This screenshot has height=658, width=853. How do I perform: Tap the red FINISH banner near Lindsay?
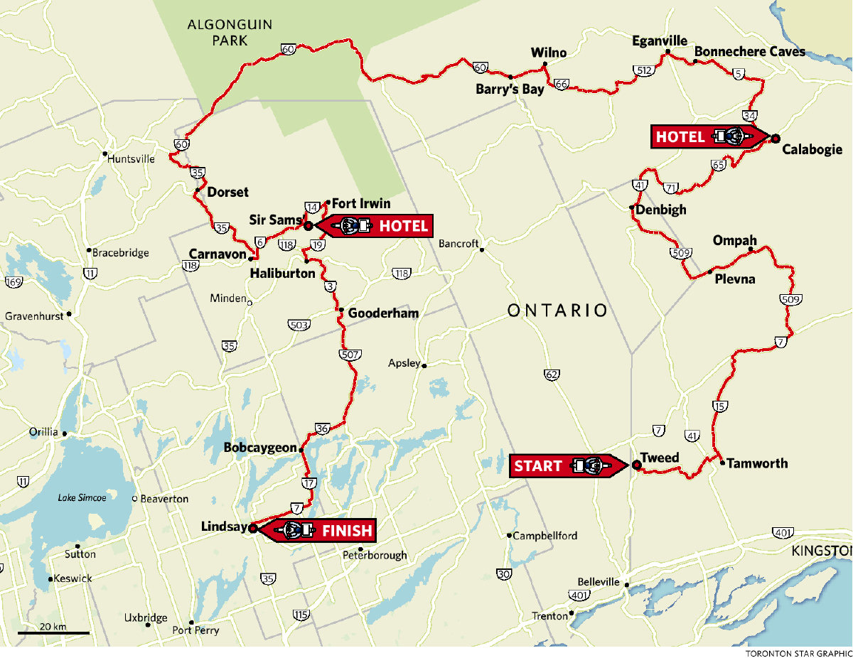316,530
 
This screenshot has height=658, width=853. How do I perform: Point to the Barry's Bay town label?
510,90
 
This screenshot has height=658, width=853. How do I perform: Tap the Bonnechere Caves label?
749,51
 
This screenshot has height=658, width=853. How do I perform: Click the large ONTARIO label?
558,311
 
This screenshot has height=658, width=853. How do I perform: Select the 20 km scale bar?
53,632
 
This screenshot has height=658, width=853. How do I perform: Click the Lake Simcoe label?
82,498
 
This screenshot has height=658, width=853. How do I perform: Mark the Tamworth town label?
757,463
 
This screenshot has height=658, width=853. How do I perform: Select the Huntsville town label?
131,159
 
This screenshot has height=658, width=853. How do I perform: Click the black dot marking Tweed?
636,465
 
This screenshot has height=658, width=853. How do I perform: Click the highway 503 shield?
299,325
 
